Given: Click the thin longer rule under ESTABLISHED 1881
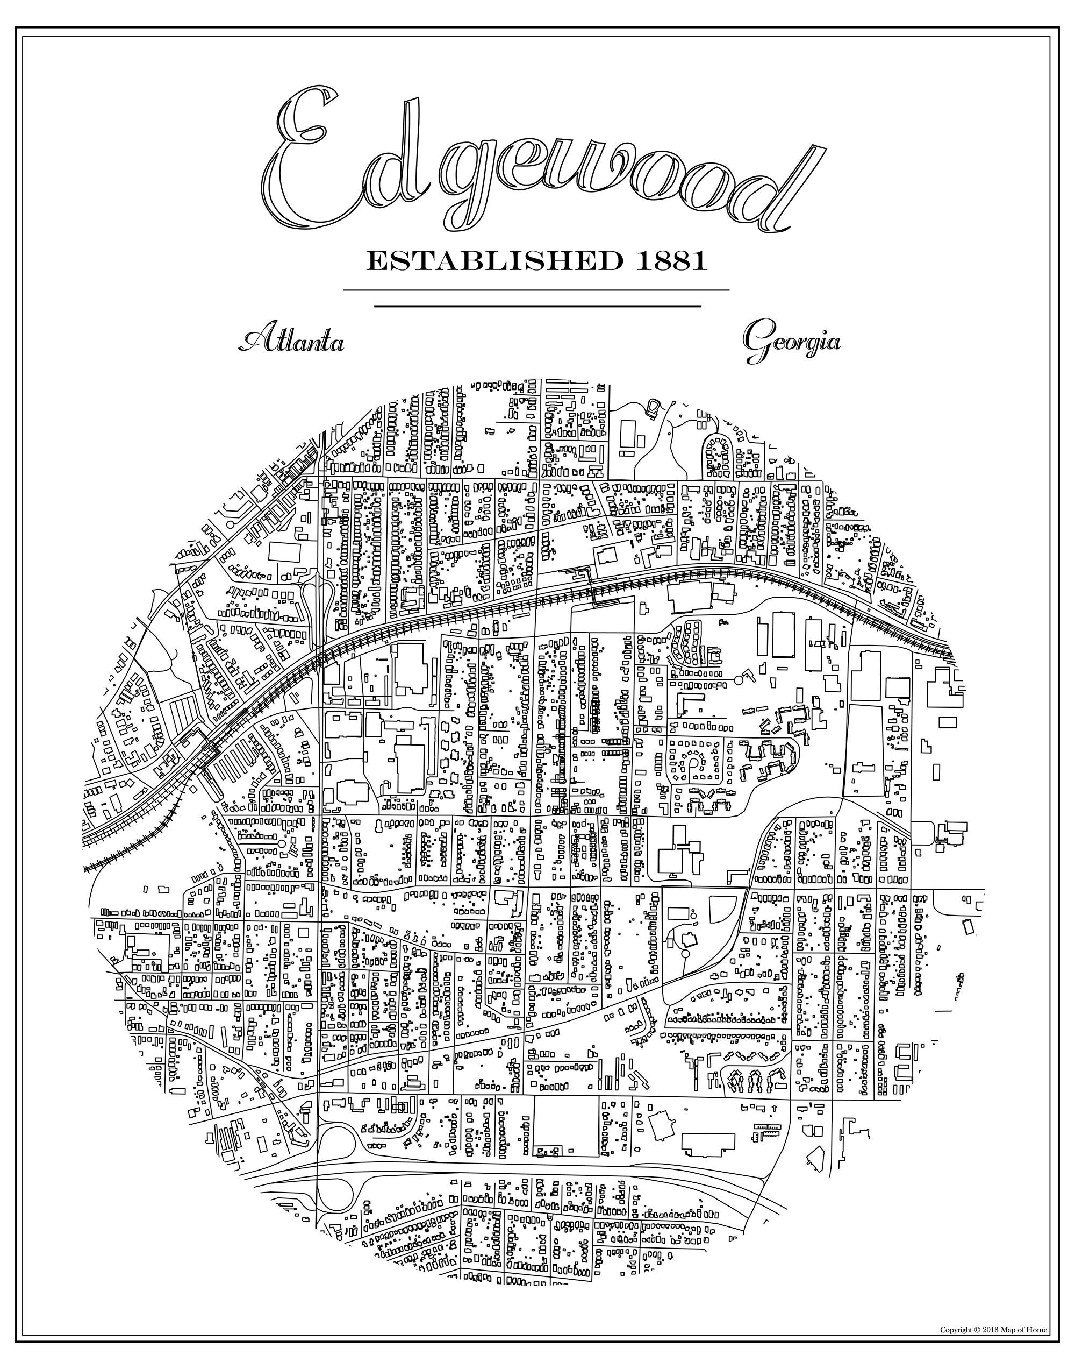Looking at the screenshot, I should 536,290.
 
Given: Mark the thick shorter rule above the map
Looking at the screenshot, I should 537,307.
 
